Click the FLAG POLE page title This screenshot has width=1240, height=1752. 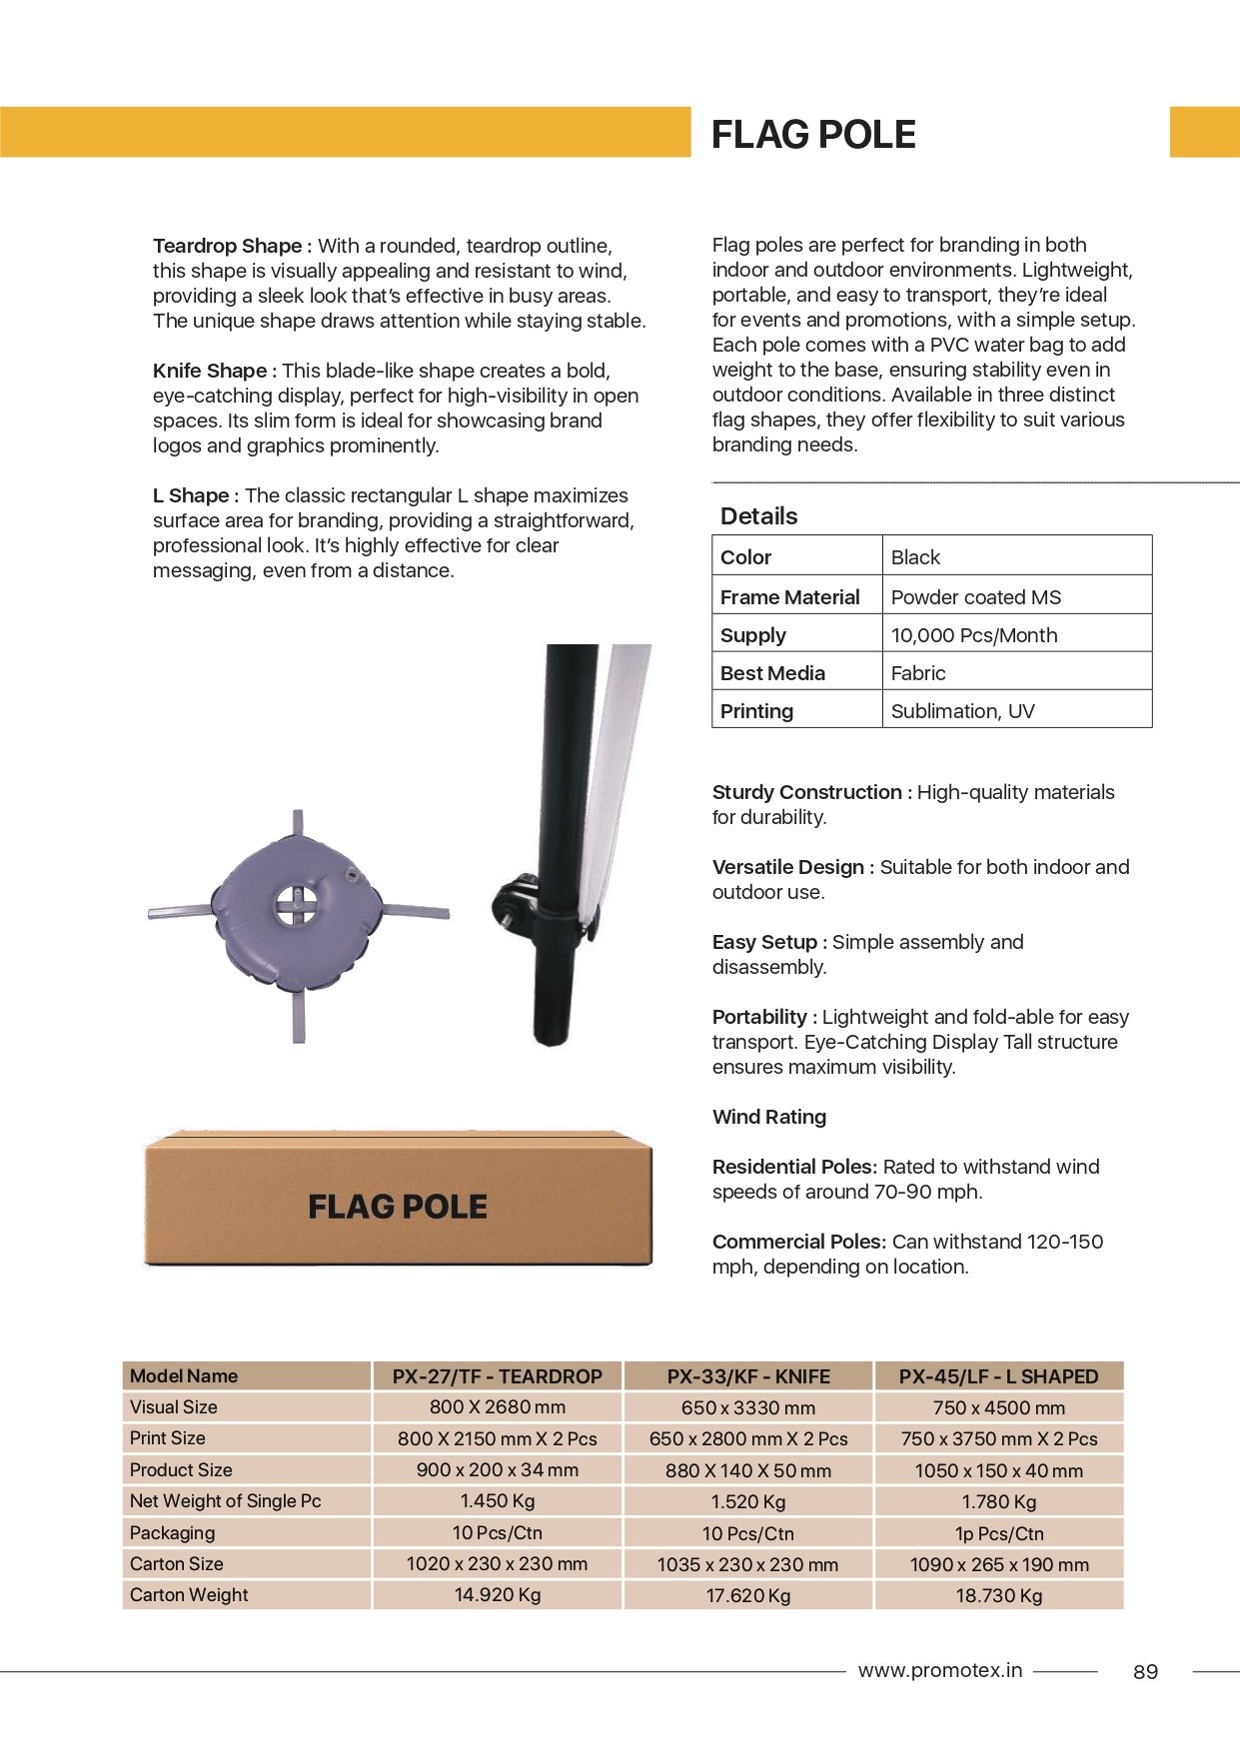pos(813,135)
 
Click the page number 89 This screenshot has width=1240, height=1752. pos(1145,1672)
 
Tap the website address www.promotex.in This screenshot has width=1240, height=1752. pos(939,1670)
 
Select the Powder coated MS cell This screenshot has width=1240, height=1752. pos(975,597)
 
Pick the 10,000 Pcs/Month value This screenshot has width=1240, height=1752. pos(973,635)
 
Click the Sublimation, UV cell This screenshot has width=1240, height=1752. pos(962,711)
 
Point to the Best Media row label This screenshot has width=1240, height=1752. pos(772,673)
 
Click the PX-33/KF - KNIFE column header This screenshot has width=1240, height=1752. pos(748,1376)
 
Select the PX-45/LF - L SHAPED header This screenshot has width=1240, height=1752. pos(998,1376)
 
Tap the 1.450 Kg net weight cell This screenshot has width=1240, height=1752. pos(498,1501)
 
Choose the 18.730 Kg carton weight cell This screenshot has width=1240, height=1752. pos(998,1596)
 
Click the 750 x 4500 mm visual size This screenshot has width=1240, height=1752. pos(998,1407)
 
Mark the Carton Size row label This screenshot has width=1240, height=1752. pos(177,1564)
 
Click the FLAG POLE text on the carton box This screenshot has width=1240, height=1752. pos(398,1207)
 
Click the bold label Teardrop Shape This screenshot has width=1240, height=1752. pos(228,246)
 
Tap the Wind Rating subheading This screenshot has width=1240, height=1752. pos(769,1117)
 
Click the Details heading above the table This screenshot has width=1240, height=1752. pos(758,516)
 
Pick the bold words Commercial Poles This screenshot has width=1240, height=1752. pos(798,1242)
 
